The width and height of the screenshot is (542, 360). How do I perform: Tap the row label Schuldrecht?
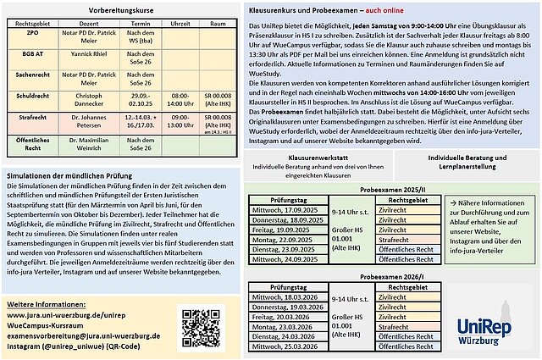coord(27,97)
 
